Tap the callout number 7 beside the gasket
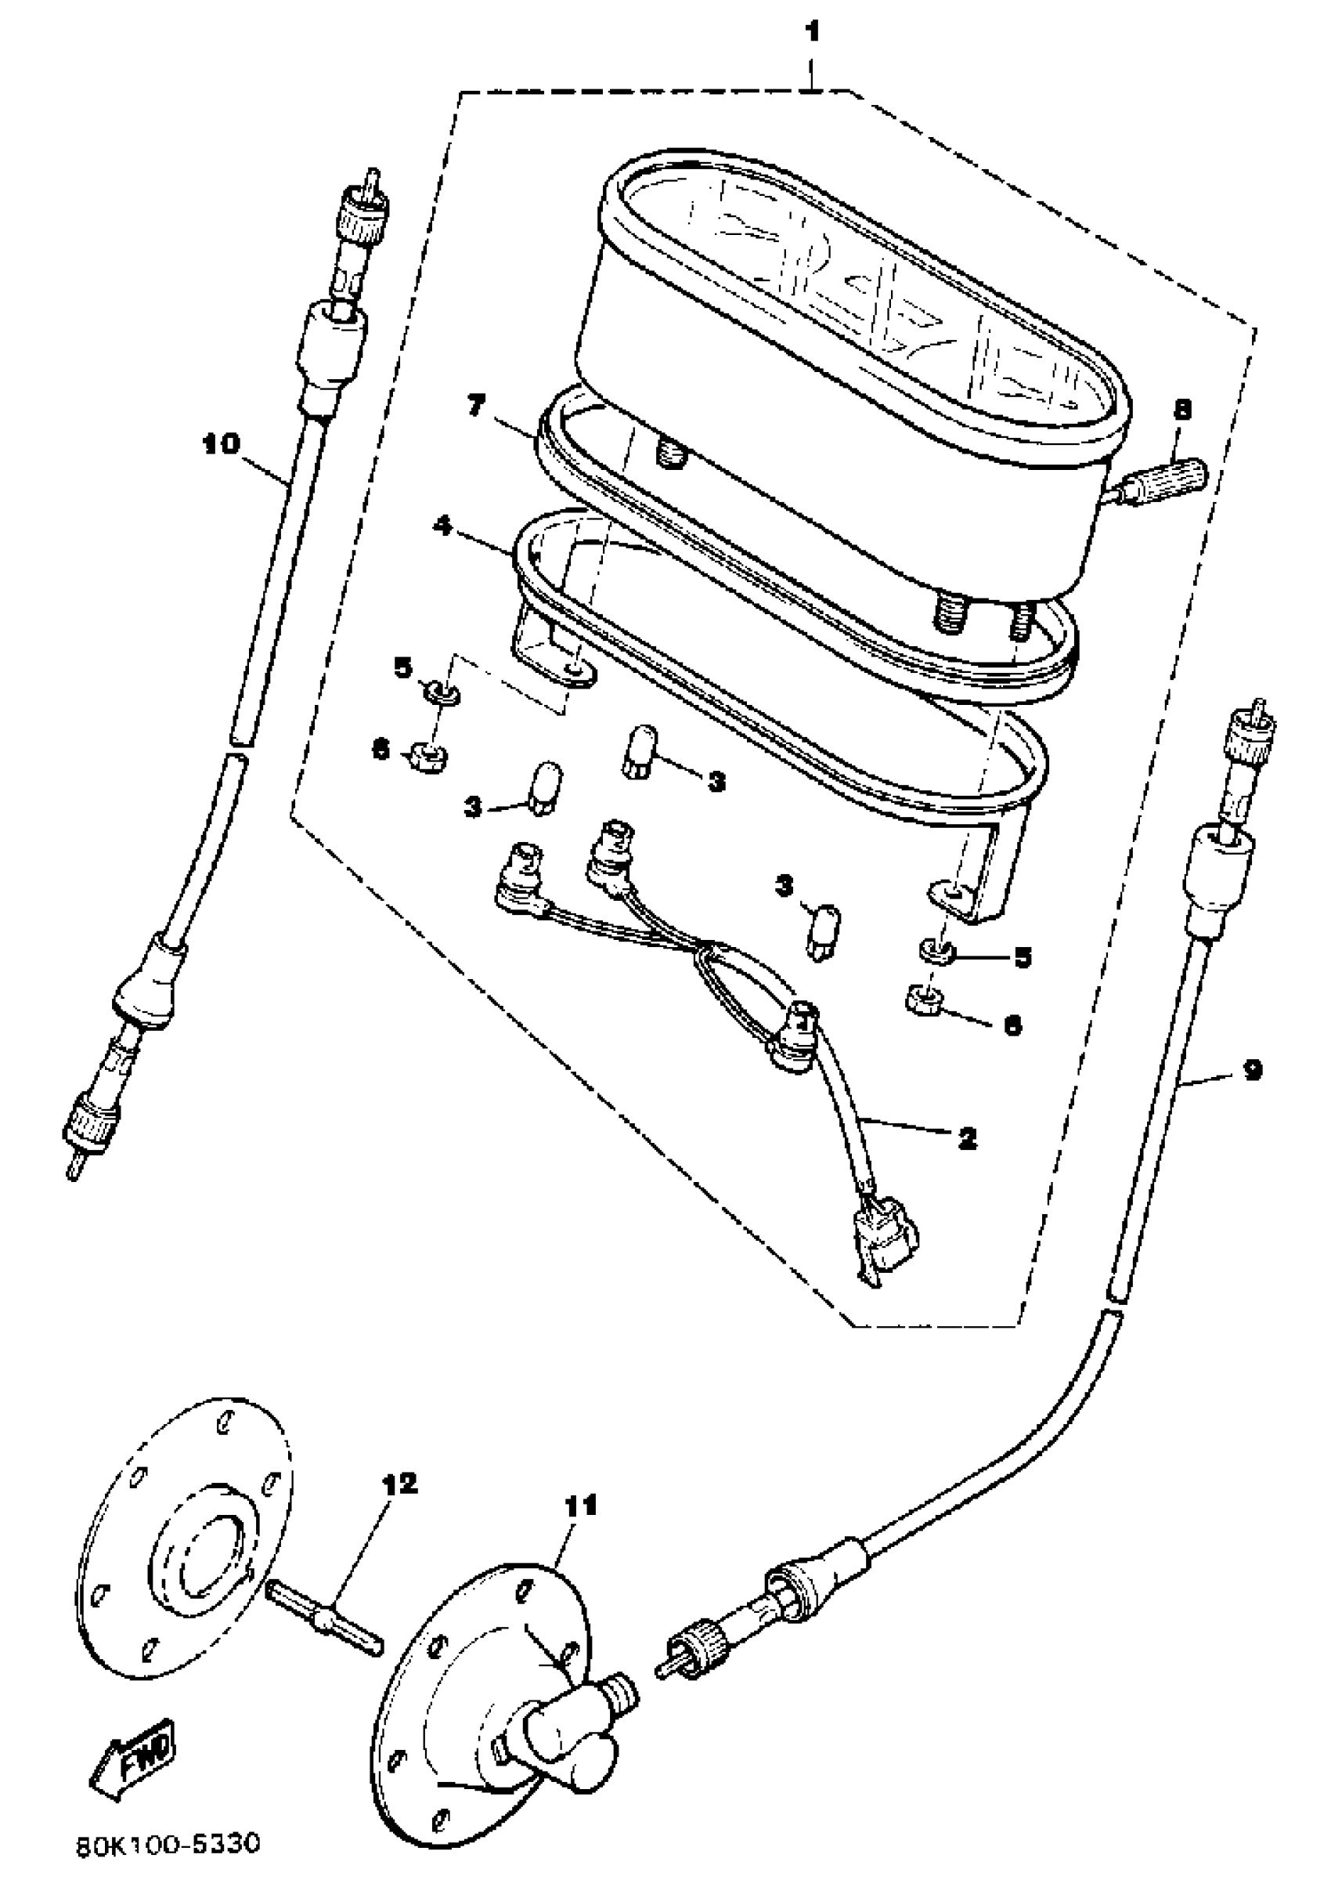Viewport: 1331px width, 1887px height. [478, 407]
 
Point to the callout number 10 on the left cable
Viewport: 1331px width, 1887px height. [222, 445]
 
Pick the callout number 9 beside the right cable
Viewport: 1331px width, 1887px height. [1251, 1070]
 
